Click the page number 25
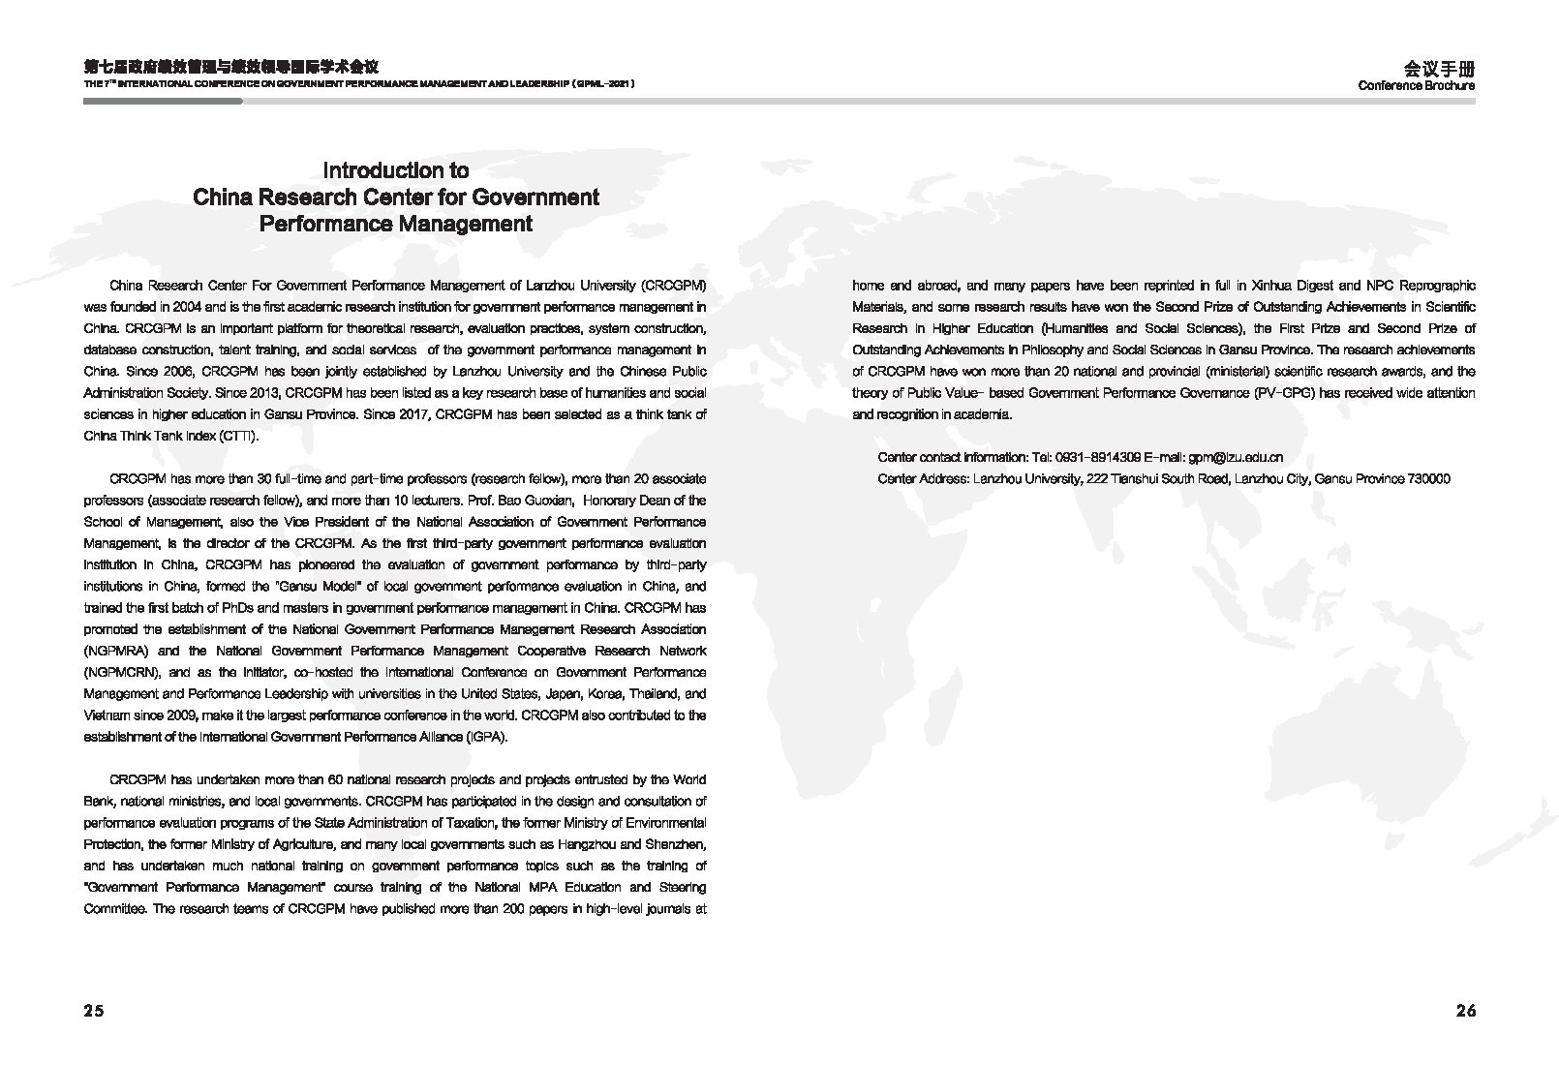click(93, 1011)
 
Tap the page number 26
click(1465, 1011)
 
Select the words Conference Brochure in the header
click(1416, 85)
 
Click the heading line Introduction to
click(395, 170)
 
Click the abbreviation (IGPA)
click(485, 736)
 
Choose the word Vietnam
click(107, 715)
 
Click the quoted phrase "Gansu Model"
click(318, 586)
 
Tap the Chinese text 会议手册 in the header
click(1439, 69)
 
